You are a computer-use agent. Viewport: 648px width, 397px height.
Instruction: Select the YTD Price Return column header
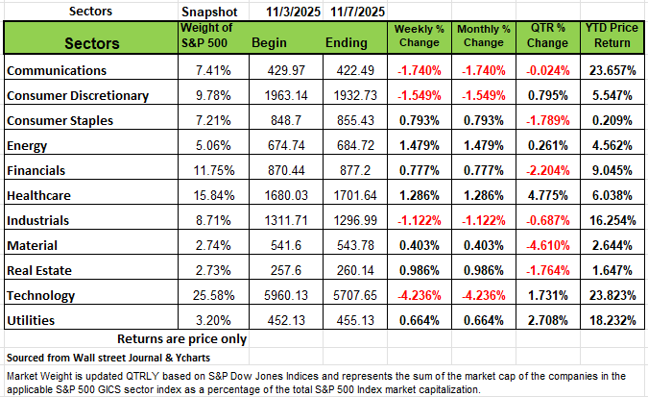pyautogui.click(x=611, y=43)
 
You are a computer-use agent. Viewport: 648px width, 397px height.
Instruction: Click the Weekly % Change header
pyautogui.click(x=418, y=43)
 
